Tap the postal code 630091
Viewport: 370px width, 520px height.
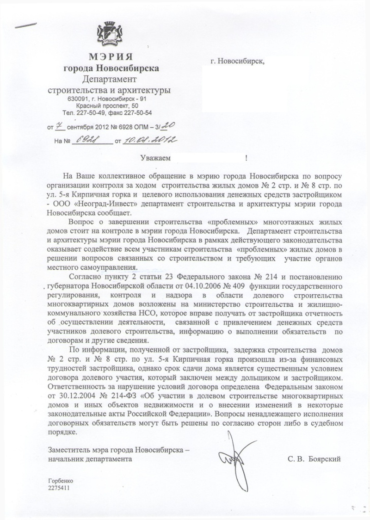[78, 99]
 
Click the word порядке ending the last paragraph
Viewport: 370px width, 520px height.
[61, 432]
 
